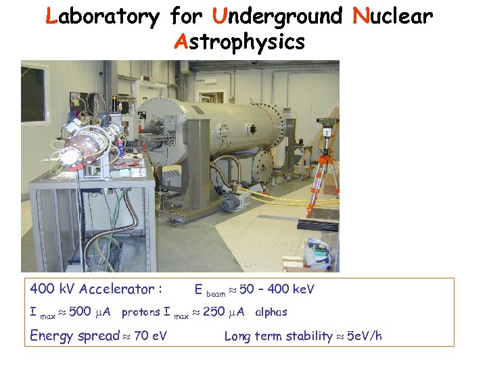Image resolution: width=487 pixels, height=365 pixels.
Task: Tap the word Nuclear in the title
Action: [x=393, y=16]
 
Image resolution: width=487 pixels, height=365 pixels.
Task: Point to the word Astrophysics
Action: [x=239, y=43]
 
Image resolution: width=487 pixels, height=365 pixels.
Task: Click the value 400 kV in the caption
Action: [x=53, y=289]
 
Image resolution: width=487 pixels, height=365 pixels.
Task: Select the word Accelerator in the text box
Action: [x=120, y=289]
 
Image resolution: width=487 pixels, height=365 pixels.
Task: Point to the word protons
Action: [x=141, y=312]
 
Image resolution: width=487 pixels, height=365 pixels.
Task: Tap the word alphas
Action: [x=271, y=312]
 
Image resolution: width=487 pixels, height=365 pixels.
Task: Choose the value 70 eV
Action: [x=151, y=335]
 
